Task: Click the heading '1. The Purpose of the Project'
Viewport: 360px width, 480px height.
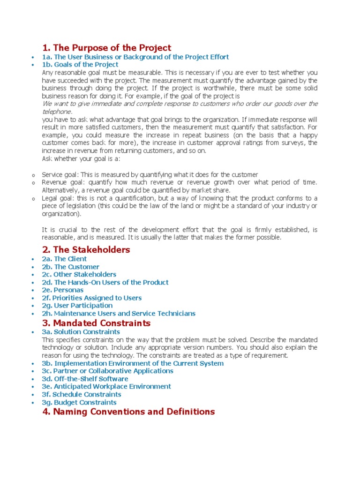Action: click(x=106, y=48)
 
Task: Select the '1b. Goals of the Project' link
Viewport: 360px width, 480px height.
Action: click(x=80, y=65)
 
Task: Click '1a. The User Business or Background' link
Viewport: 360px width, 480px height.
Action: click(x=135, y=57)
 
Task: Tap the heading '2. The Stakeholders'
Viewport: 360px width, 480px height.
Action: click(x=86, y=250)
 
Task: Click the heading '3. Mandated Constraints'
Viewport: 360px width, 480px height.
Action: click(x=96, y=323)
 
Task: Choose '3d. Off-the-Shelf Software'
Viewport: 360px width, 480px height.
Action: click(x=85, y=379)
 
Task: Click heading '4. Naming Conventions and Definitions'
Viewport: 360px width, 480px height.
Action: click(x=128, y=412)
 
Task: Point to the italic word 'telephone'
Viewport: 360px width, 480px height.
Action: click(x=57, y=112)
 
